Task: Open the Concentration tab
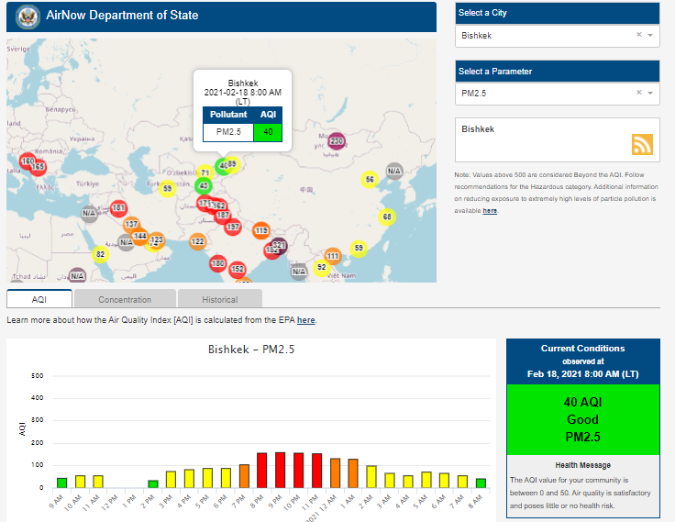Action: (x=125, y=299)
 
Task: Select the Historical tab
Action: (x=219, y=299)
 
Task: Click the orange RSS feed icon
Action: (x=642, y=145)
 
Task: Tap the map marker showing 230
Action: (x=336, y=140)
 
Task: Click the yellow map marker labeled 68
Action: (x=387, y=217)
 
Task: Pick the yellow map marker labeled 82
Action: (x=101, y=254)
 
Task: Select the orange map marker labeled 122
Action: (x=197, y=241)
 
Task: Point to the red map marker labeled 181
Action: (x=118, y=208)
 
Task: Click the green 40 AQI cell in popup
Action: (x=268, y=132)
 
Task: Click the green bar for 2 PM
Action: (x=152, y=483)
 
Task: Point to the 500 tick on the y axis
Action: (x=38, y=376)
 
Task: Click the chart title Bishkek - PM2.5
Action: (x=250, y=349)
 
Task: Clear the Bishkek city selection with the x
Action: (x=639, y=35)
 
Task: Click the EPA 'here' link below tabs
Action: (x=305, y=320)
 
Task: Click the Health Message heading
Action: (x=582, y=465)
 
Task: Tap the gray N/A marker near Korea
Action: (x=394, y=171)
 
